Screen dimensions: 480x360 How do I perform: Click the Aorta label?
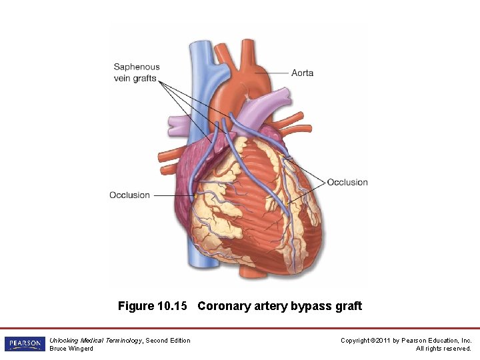click(302, 73)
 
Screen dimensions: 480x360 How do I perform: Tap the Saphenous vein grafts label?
click(137, 72)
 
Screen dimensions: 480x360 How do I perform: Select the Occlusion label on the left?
click(129, 195)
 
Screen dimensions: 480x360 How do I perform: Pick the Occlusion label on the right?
click(347, 182)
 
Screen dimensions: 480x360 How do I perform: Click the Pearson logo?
click(25, 344)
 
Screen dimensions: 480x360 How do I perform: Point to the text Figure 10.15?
click(153, 306)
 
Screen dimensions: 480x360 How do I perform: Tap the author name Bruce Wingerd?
click(71, 349)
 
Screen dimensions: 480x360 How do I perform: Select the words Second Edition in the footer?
click(168, 341)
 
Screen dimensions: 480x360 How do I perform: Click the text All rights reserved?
click(443, 349)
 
